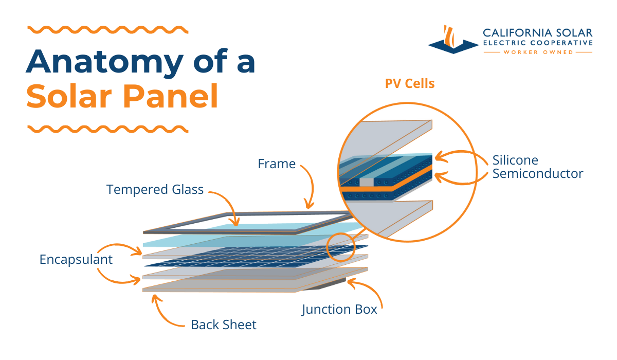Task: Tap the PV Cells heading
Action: (x=410, y=83)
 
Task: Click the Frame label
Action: (x=277, y=164)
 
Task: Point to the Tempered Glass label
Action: (x=155, y=190)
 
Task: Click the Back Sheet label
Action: (x=223, y=325)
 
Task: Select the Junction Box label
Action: (x=339, y=310)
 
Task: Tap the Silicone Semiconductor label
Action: (x=537, y=167)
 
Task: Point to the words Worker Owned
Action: (x=538, y=52)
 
